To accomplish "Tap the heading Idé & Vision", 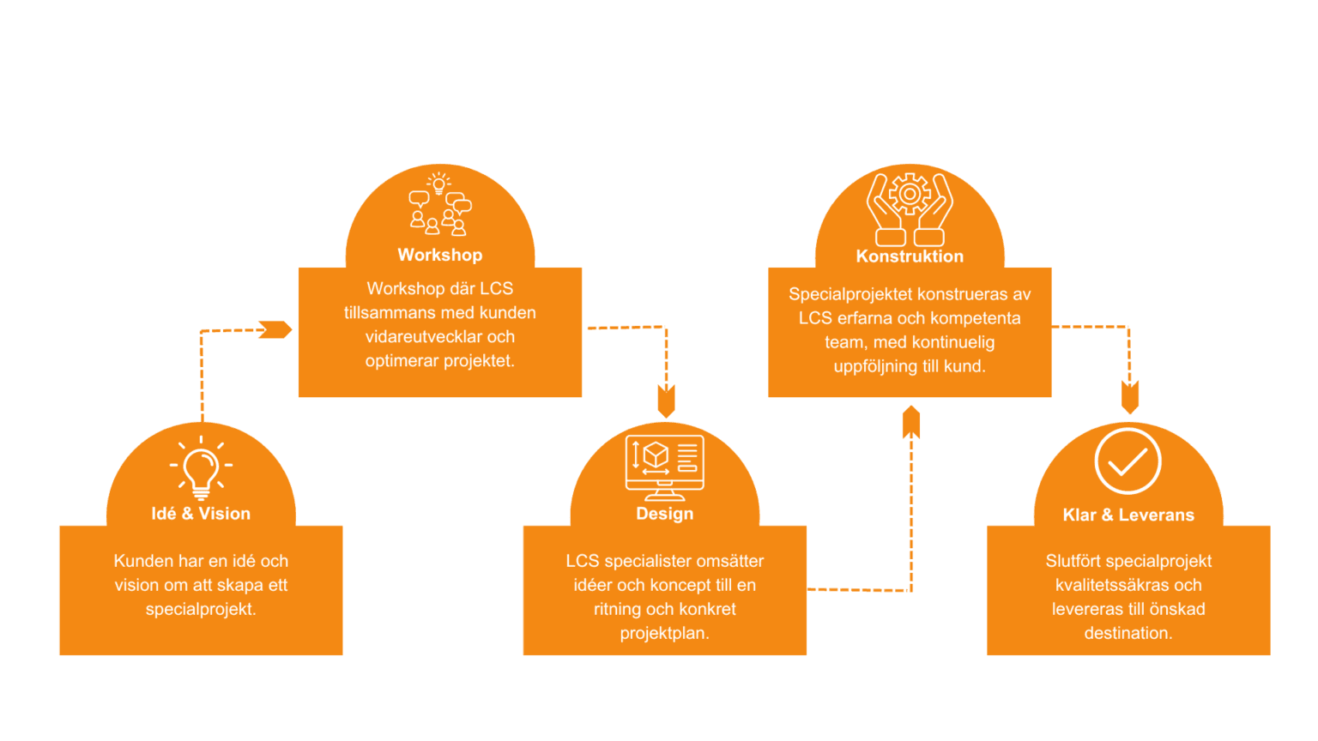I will pyautogui.click(x=201, y=514).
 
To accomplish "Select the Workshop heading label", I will pyautogui.click(x=440, y=255).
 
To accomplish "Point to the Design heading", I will pyautogui.click(x=665, y=514).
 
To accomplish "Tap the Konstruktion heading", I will pyautogui.click(x=910, y=256).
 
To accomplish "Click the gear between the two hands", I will pyautogui.click(x=910, y=195).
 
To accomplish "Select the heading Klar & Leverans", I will pyautogui.click(x=1128, y=515).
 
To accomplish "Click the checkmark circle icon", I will pyautogui.click(x=1128, y=461).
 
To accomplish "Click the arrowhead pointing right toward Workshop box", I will pyautogui.click(x=275, y=329).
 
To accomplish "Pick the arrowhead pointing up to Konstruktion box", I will pyautogui.click(x=911, y=423).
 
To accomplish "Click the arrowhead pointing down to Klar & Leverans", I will pyautogui.click(x=1130, y=397).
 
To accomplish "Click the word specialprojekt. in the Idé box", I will pyautogui.click(x=201, y=610).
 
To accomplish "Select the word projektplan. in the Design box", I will pyautogui.click(x=665, y=634).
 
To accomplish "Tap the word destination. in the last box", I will pyautogui.click(x=1128, y=634).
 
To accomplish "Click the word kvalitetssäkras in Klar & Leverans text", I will pyautogui.click(x=1109, y=586).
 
